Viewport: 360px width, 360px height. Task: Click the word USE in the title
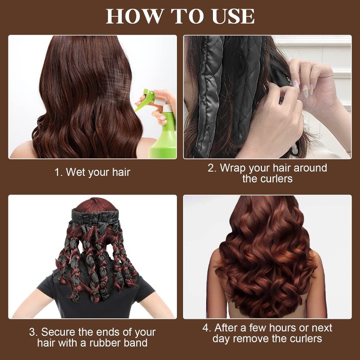pyautogui.click(x=231, y=16)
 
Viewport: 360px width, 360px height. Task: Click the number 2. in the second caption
pyautogui.click(x=212, y=168)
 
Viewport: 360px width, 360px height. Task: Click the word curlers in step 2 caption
pyautogui.click(x=276, y=179)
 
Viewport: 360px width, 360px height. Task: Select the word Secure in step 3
pyautogui.click(x=60, y=332)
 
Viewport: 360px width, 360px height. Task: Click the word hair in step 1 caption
pyautogui.click(x=118, y=172)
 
